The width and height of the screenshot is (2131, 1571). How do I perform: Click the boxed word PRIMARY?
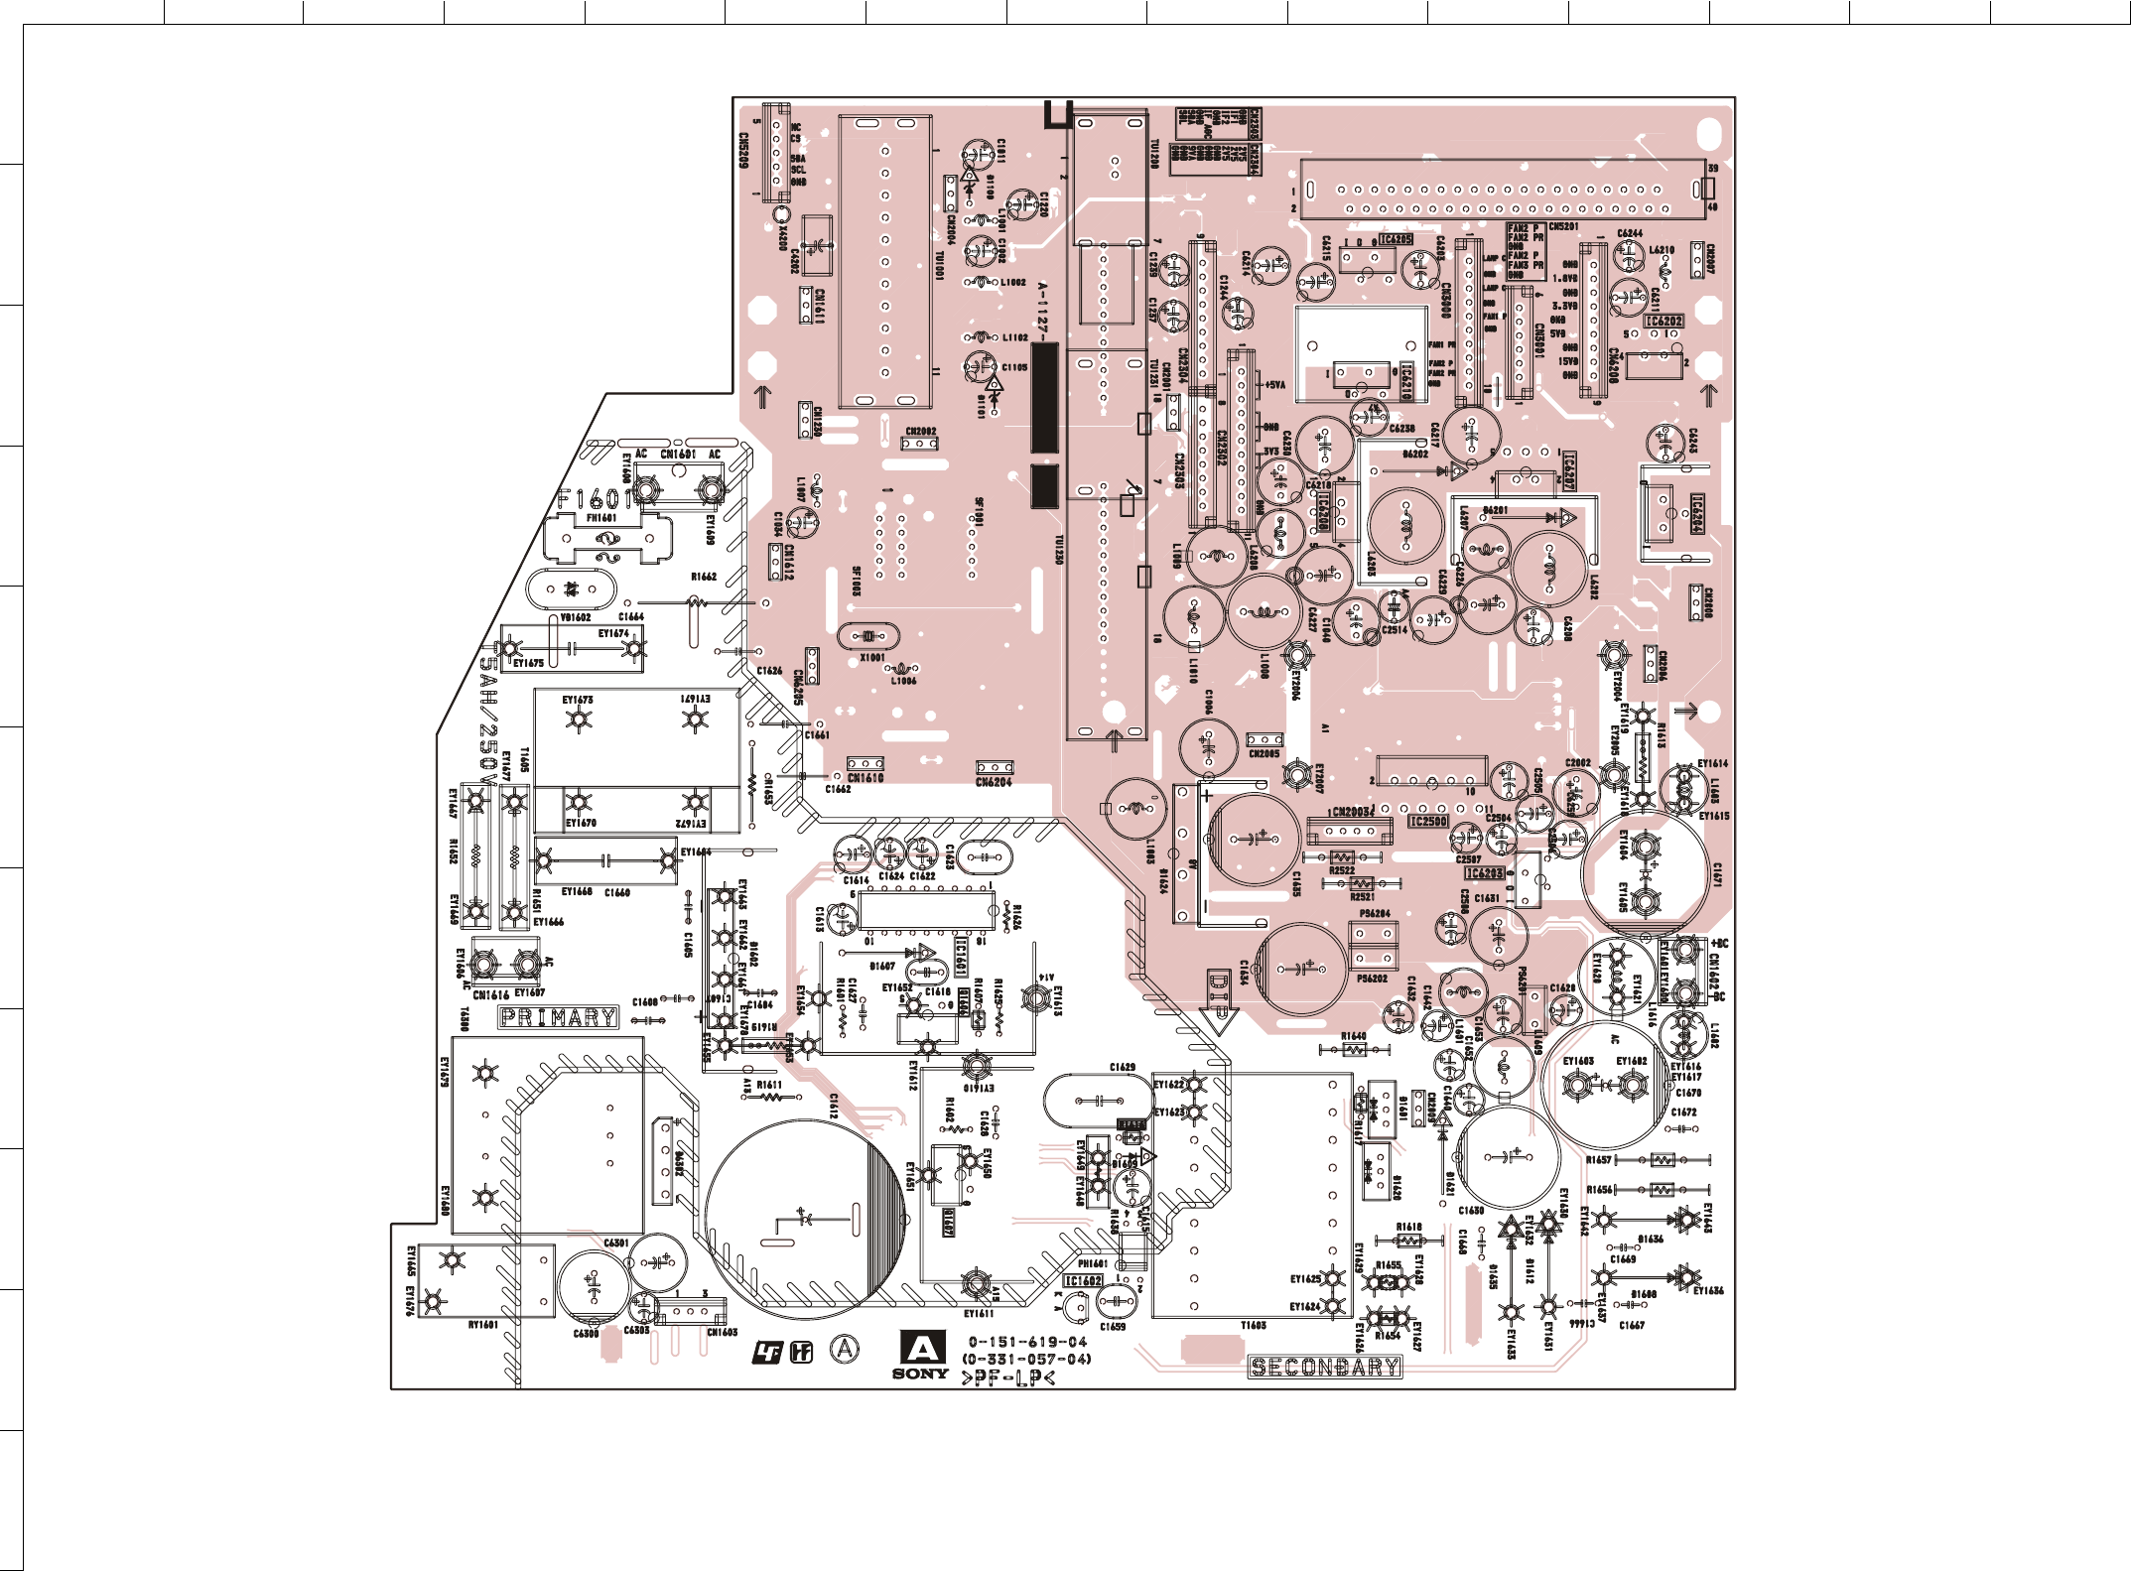pos(558,1017)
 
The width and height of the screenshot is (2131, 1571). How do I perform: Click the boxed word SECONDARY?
pos(1324,1367)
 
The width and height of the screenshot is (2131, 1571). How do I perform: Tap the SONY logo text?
pos(920,1374)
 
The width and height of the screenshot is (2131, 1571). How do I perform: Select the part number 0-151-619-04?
pos(1027,1342)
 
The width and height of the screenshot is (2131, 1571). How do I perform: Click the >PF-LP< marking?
pos(1007,1377)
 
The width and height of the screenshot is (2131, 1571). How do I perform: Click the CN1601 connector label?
pos(678,455)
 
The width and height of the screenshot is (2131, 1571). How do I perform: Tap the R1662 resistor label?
pos(704,577)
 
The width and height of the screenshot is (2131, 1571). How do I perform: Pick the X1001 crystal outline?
pos(868,636)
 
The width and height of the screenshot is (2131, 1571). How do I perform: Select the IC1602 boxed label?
pos(1084,1280)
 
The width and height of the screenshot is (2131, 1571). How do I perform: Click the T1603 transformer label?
pos(1254,1326)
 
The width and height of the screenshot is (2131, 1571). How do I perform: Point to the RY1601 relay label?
pos(482,1325)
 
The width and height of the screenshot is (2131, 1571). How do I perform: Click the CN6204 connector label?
pos(994,782)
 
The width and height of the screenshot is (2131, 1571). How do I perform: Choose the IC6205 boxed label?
pos(1395,239)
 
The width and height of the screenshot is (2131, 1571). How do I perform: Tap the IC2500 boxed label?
pos(1428,822)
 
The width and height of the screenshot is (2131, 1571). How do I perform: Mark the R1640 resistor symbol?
pos(1353,1049)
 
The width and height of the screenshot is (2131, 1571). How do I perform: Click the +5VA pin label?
pos(1273,385)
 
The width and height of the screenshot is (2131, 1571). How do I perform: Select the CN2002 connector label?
pos(920,432)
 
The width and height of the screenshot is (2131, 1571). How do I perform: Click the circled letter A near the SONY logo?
pos(845,1349)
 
